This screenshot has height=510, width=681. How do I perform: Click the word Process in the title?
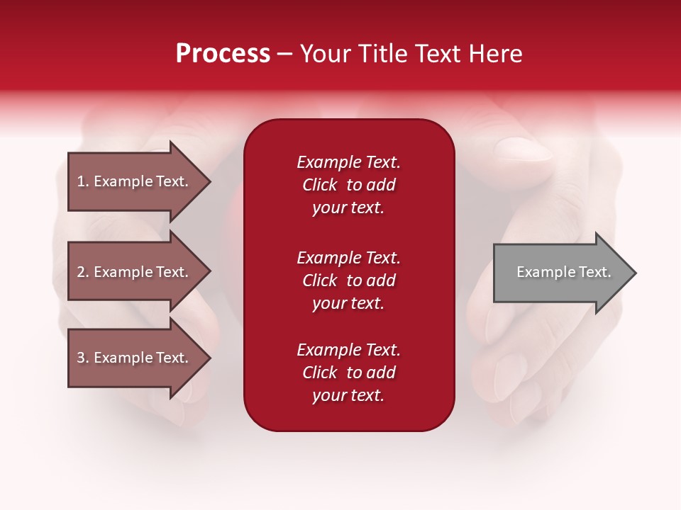(223, 54)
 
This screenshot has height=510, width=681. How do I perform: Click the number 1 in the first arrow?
(81, 181)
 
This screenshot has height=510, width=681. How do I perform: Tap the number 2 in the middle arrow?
(81, 272)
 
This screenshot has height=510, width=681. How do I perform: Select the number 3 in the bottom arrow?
(81, 358)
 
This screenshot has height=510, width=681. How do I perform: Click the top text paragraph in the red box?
(348, 185)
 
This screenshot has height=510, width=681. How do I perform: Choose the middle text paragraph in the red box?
(348, 280)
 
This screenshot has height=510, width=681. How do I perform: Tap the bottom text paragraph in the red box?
(348, 373)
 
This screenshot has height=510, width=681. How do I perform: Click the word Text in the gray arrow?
(594, 272)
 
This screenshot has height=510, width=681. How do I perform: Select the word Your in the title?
(326, 54)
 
